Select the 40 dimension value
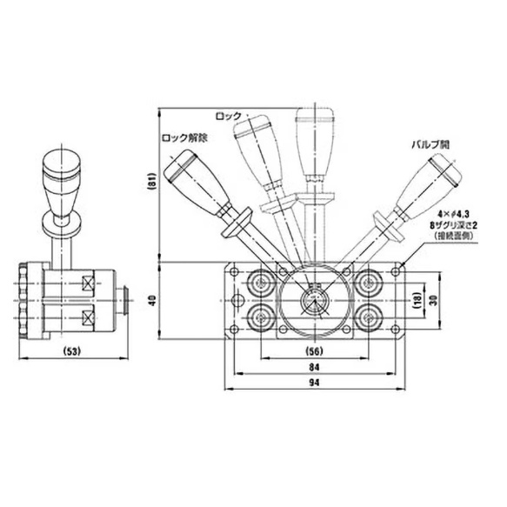[x=152, y=301]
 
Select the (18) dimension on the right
[x=418, y=299]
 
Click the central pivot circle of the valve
[x=311, y=302]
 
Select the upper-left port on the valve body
[x=259, y=283]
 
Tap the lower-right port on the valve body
[x=364, y=317]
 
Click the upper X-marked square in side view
[x=87, y=283]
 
